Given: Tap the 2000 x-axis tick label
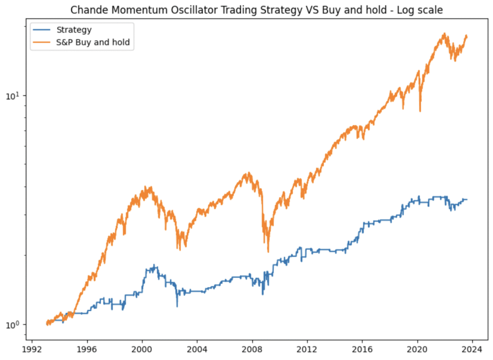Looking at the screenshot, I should pyautogui.click(x=142, y=349).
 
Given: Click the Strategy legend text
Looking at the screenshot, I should pyautogui.click(x=74, y=30).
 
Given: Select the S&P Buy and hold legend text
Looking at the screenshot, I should pyautogui.click(x=93, y=42).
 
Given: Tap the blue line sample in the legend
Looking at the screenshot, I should pyautogui.click(x=42, y=30).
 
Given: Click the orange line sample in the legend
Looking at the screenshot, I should pyautogui.click(x=42, y=42).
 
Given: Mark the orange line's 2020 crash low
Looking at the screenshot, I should pyautogui.click(x=420, y=111).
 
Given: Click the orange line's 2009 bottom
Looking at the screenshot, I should pyautogui.click(x=268, y=251).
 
